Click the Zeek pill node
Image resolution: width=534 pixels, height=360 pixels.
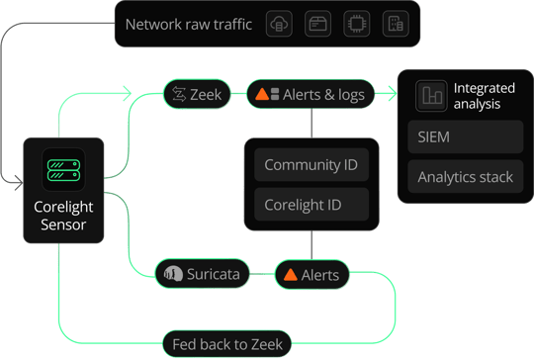pos(197,94)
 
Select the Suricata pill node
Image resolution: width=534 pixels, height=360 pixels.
pos(203,274)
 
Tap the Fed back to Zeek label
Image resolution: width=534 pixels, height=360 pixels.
pos(227,344)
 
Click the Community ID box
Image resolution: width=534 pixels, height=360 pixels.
pos(311,165)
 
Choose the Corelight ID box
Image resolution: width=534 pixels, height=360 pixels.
pos(311,205)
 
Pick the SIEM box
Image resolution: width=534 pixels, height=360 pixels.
pos(465,136)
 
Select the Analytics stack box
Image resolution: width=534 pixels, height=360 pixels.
pos(465,177)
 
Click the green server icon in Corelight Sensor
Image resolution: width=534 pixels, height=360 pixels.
pos(63,170)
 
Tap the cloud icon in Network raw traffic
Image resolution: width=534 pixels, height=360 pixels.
pos(279,24)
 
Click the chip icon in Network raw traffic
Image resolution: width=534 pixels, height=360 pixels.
pos(357,24)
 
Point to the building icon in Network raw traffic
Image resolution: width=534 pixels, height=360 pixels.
pos(396,24)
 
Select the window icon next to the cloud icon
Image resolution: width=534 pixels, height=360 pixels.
pos(317,24)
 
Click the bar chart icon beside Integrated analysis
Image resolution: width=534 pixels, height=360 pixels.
pos(431,96)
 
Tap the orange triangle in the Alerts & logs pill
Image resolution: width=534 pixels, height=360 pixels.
pos(262,94)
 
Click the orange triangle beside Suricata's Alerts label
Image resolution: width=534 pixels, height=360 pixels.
pos(291,275)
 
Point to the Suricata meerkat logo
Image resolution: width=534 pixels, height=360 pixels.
pos(173,274)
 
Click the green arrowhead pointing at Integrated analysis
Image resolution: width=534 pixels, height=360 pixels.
pos(393,93)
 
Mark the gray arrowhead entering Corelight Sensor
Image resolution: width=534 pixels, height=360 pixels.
pos(19,183)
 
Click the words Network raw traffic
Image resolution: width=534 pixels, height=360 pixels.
pos(189,24)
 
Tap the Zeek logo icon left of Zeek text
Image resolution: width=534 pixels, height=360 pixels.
pos(179,94)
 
